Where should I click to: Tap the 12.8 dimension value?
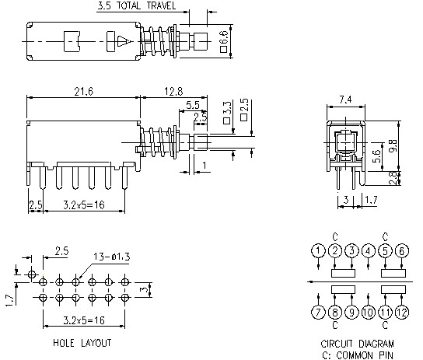[x=173, y=92]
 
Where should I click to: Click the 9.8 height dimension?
[x=395, y=145]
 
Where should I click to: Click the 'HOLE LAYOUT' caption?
[x=82, y=342]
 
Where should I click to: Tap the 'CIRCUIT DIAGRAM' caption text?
[x=357, y=343]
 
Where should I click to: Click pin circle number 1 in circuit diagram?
[x=318, y=250]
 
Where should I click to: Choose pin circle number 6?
[x=402, y=250]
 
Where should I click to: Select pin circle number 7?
[x=318, y=313]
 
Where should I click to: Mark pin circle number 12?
[x=402, y=313]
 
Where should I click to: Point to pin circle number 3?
[x=351, y=250]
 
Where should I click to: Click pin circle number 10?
[x=369, y=313]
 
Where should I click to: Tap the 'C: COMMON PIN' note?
[x=357, y=353]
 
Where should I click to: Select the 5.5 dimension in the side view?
[x=193, y=104]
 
